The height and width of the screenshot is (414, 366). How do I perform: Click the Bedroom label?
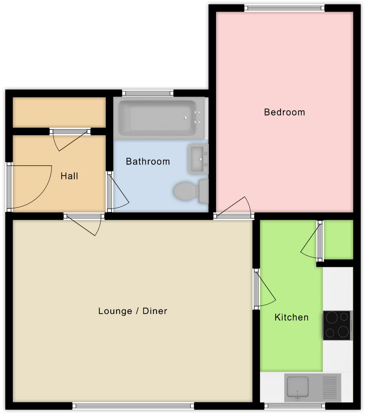tap(284, 112)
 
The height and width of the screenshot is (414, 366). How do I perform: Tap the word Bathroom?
tap(148, 161)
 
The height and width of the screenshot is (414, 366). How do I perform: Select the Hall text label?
tap(69, 176)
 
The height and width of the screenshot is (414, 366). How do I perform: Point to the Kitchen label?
tap(291, 317)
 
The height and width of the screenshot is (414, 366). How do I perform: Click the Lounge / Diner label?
tap(133, 311)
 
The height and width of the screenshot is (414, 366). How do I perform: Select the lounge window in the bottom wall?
tap(133, 406)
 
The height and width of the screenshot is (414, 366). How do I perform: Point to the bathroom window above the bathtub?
tap(147, 93)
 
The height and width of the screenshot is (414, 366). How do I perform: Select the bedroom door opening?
tap(234, 215)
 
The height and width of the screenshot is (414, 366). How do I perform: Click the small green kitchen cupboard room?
tap(338, 240)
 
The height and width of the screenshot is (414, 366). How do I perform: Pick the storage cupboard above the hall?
tap(59, 112)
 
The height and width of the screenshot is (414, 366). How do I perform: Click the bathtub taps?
tap(197, 117)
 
